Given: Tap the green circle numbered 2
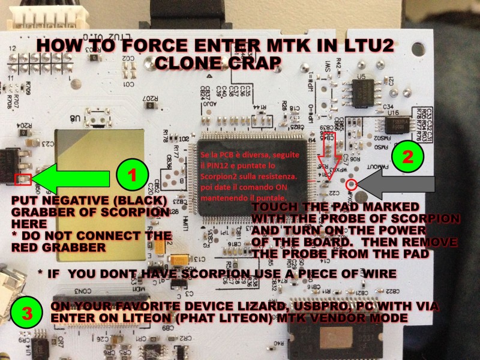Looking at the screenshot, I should [408, 158].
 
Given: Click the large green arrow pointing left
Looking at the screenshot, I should [71, 178].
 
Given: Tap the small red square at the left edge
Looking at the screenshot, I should [22, 179].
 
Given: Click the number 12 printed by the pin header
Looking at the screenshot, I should [13, 47].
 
